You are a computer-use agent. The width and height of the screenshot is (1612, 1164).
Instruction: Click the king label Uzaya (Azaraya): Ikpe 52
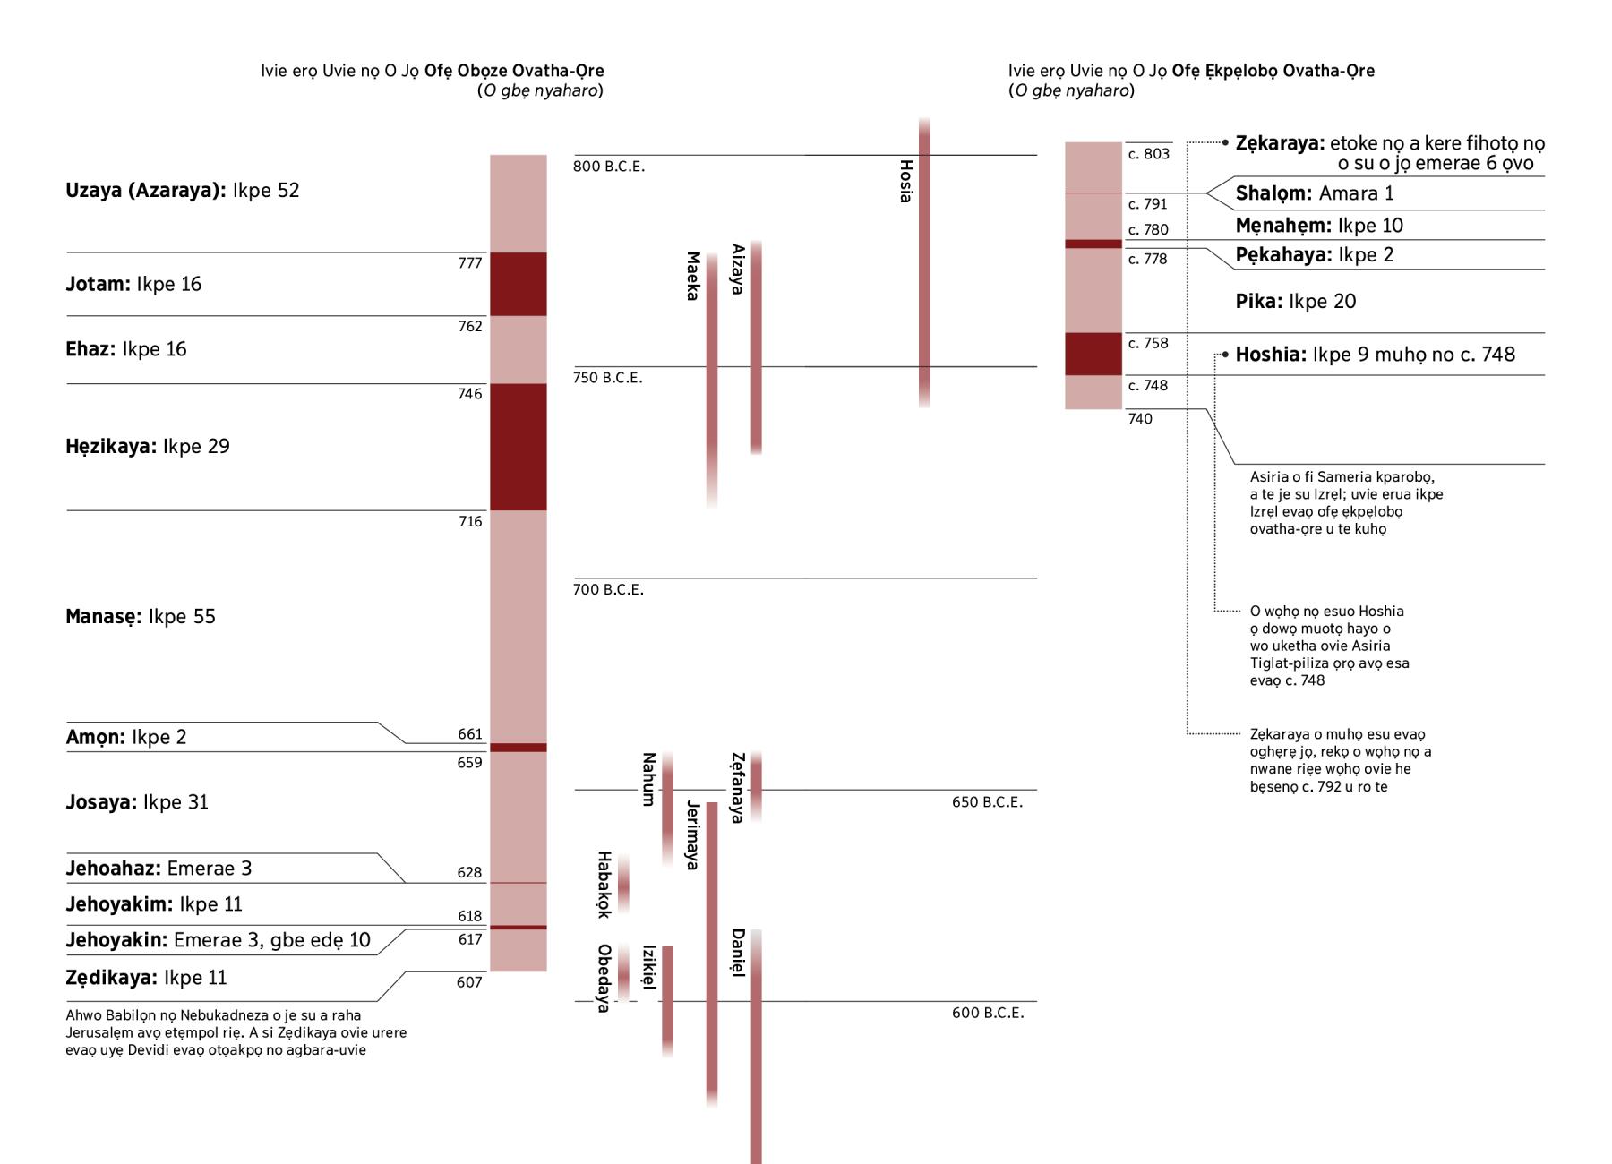182,191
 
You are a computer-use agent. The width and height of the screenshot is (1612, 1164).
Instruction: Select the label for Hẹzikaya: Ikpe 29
148,447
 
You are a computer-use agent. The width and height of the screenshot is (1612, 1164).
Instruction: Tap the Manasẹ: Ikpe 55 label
141,617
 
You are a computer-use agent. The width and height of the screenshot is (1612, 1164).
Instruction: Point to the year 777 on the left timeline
470,263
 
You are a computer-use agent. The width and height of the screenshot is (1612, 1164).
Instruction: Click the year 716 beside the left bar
470,522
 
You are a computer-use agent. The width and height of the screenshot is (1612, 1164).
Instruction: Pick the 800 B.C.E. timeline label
609,167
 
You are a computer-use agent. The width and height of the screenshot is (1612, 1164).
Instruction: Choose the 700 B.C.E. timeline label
609,590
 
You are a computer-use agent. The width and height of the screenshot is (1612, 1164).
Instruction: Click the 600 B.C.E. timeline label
988,1013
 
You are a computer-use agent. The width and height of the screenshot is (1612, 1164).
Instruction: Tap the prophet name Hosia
905,181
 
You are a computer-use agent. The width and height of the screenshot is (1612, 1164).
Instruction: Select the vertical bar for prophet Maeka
712,376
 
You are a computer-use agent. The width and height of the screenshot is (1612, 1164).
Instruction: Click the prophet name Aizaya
737,269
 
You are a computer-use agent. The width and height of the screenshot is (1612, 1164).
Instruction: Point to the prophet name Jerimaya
692,834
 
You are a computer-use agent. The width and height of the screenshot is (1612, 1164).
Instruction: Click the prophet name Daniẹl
737,953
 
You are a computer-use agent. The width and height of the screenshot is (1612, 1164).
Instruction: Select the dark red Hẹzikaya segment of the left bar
518,447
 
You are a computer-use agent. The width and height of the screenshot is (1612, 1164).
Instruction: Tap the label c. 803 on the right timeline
1149,154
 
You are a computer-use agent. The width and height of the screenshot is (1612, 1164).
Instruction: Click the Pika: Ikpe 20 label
1296,302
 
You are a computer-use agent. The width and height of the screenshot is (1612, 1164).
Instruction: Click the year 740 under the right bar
1140,419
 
